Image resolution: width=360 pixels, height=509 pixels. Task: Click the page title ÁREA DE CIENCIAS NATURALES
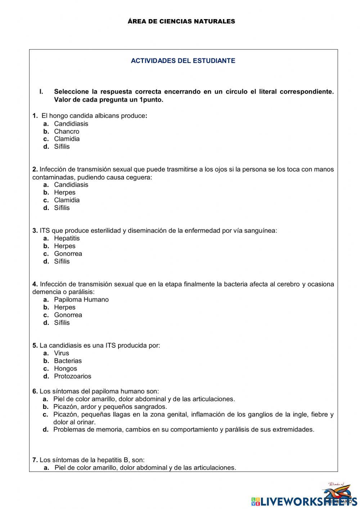point(181,21)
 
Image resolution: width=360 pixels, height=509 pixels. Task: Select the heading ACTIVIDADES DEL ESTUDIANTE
point(183,61)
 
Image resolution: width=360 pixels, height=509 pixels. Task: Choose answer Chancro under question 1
point(67,131)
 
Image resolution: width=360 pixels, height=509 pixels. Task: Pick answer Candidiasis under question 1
point(71,124)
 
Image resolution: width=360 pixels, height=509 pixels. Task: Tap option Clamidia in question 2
point(67,200)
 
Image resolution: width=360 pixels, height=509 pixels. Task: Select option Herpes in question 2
point(65,192)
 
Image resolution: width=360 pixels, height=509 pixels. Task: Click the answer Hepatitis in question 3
point(67,238)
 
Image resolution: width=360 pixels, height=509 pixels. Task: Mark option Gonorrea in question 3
point(68,254)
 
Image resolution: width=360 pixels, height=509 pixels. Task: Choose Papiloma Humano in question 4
point(81,299)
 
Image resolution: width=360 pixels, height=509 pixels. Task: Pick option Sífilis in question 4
point(62,322)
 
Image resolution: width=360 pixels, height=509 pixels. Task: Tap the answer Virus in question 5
point(62,353)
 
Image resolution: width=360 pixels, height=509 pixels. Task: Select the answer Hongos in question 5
point(66,369)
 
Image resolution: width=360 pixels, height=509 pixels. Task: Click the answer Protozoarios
point(73,376)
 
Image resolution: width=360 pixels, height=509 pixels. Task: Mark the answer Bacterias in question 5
point(68,361)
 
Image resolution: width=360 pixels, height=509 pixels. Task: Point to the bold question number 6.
point(35,391)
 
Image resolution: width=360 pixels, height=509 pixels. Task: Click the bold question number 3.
point(35,231)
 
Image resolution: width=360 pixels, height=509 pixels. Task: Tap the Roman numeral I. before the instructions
point(41,91)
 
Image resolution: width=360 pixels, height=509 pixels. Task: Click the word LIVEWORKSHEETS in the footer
point(306,501)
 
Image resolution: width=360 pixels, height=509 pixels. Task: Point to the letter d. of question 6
point(46,429)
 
